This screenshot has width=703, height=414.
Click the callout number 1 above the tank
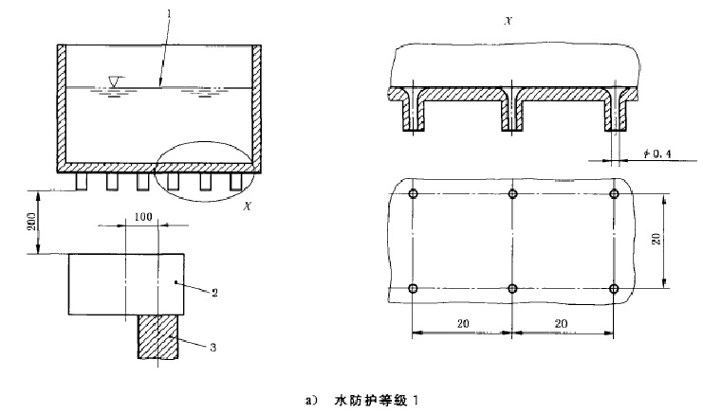(x=170, y=13)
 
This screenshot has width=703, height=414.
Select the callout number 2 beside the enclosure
(x=214, y=293)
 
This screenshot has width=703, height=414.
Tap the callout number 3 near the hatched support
(x=213, y=348)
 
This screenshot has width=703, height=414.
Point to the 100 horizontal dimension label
(x=143, y=217)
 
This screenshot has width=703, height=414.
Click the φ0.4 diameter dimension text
(x=657, y=154)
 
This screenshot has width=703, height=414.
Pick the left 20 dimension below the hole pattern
(x=463, y=323)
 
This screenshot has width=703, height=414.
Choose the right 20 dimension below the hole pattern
(x=561, y=323)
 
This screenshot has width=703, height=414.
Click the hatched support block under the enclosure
(x=157, y=336)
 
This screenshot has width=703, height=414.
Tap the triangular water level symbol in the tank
(x=115, y=81)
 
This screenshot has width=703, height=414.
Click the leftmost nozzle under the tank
(x=82, y=182)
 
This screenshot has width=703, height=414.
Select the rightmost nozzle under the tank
(x=236, y=182)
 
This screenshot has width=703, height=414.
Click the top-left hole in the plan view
(x=413, y=194)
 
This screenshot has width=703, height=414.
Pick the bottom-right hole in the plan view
(x=614, y=288)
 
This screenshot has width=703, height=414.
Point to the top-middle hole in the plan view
(x=513, y=194)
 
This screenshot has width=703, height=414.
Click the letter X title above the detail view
(x=508, y=21)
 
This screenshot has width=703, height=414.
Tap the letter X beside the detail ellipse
(x=247, y=207)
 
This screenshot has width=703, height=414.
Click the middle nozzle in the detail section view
(x=512, y=113)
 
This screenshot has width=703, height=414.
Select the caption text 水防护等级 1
(x=376, y=401)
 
